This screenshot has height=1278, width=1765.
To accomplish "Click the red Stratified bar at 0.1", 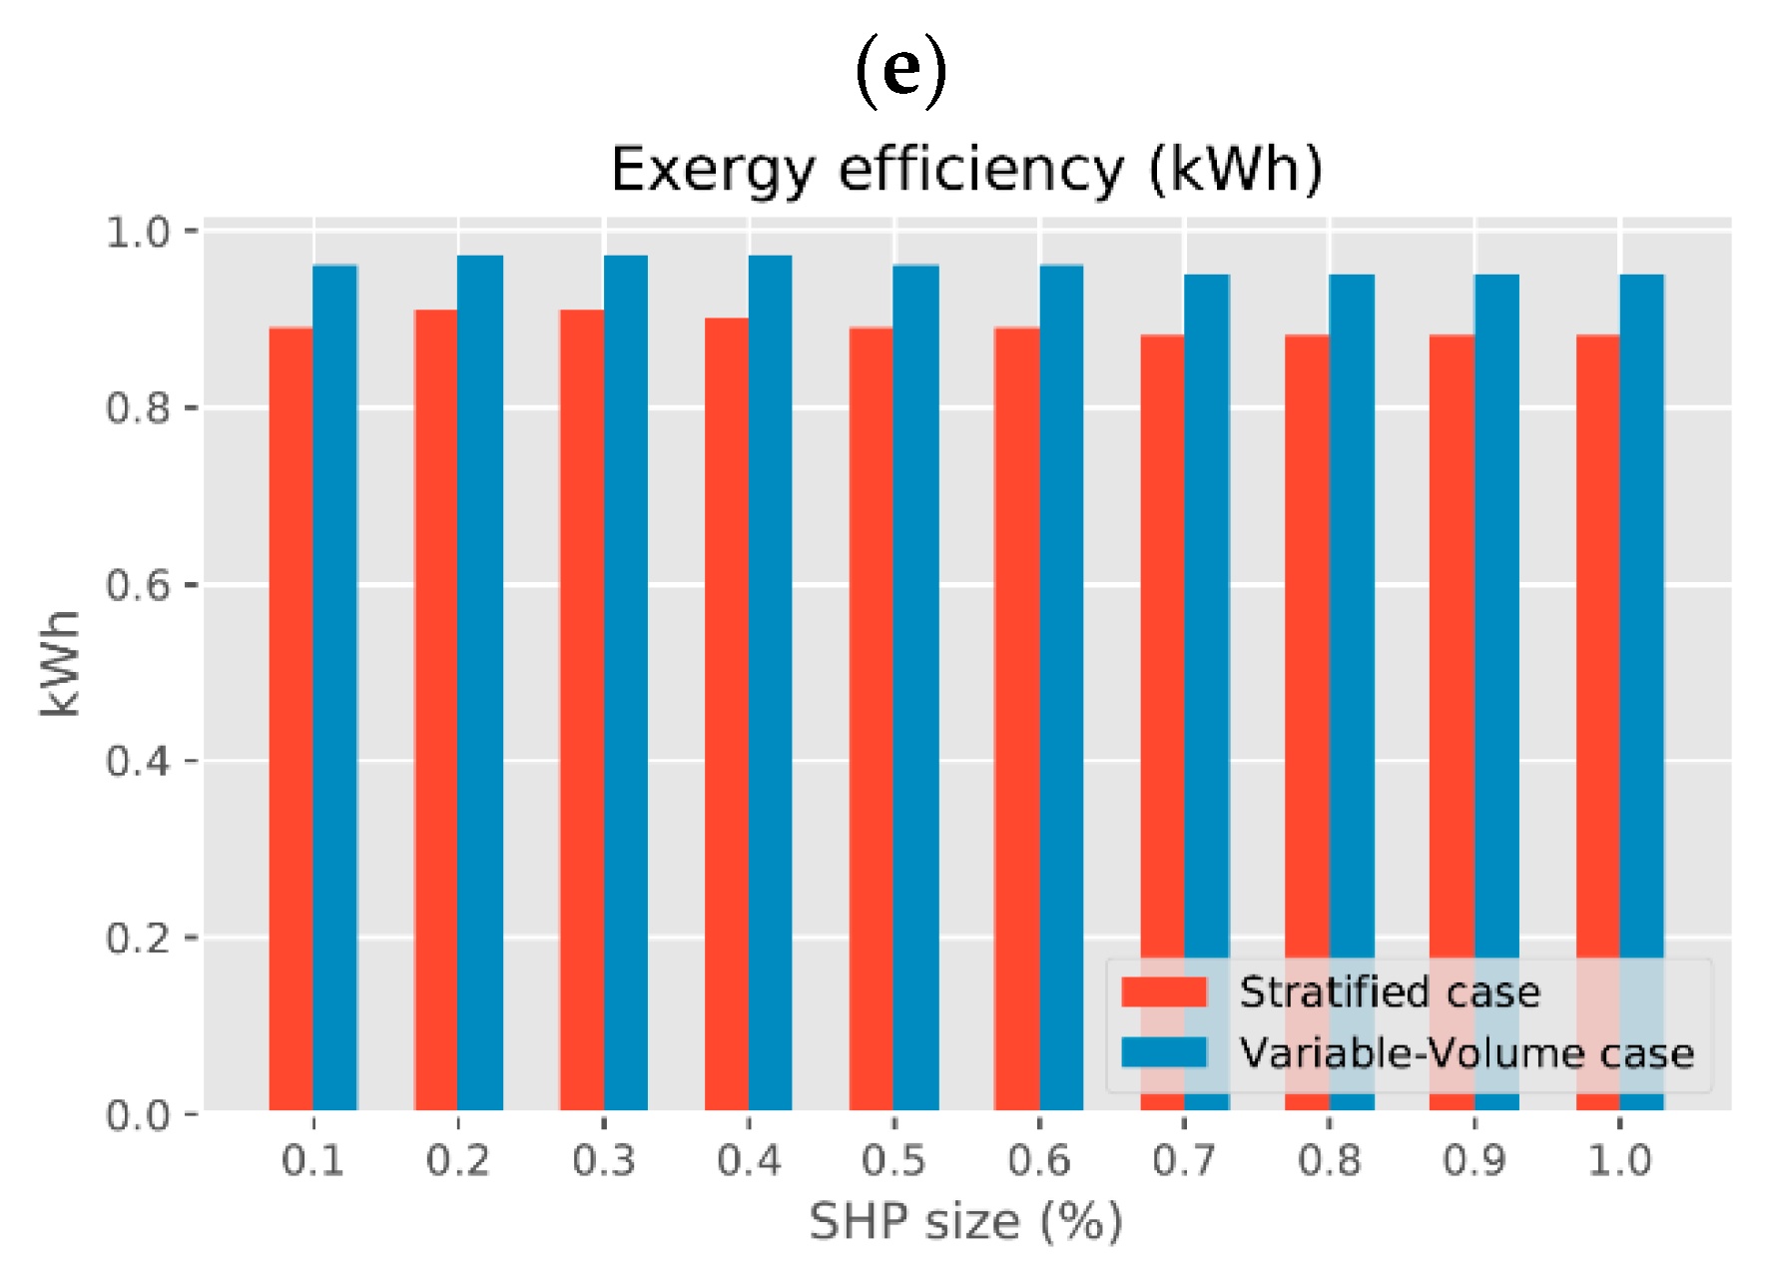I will coord(291,719).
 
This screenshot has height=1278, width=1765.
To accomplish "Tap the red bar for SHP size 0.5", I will coord(872,719).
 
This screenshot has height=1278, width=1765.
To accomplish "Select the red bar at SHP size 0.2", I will coord(436,710).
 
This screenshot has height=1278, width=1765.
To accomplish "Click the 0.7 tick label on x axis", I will coord(1184,1160).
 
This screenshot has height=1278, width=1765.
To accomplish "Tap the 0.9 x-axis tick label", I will coord(1474,1160).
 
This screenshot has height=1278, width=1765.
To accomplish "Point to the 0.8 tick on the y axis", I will coord(139,408).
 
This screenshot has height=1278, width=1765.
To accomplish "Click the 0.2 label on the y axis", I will coord(139,938).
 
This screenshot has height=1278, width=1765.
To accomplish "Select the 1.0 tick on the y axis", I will coord(139,232).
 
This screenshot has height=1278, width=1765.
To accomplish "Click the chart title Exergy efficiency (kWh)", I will coord(966,170).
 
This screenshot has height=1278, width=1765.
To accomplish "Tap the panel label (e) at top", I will coord(900,70).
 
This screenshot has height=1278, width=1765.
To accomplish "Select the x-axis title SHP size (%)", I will coord(965,1221).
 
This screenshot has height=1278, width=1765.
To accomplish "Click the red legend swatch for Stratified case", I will coord(1164,991).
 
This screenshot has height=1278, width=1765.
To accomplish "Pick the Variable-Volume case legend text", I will coord(1467,1053).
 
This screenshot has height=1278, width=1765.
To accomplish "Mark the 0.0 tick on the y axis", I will coord(139,1114).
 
